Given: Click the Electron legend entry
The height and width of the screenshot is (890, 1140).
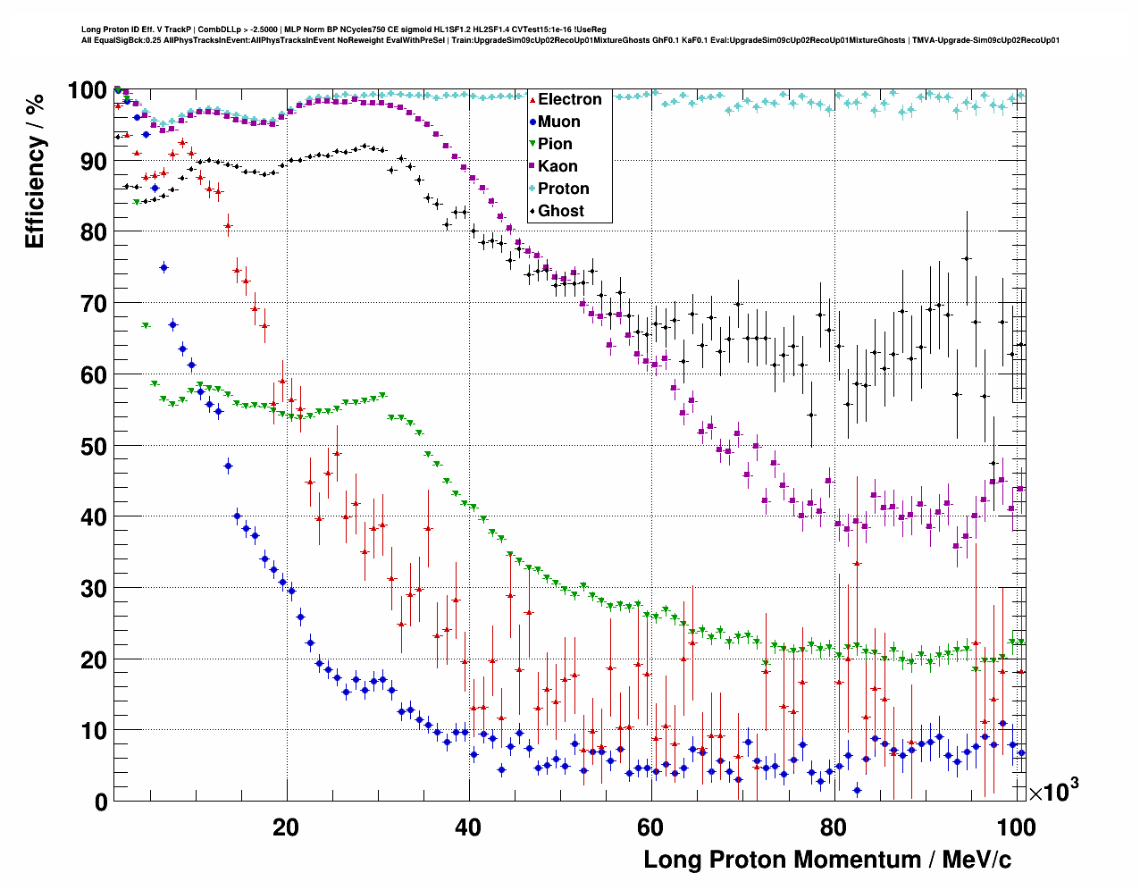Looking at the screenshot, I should click(x=569, y=99).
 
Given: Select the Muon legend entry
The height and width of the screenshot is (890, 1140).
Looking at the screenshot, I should click(x=558, y=122).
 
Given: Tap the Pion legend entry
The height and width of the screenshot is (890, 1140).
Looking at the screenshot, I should click(x=555, y=144).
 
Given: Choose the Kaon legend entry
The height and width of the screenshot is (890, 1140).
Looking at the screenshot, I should click(x=557, y=166).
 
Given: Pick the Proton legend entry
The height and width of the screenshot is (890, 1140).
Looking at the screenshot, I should click(x=563, y=189).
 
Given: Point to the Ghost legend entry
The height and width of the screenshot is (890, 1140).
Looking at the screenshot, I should click(x=560, y=211).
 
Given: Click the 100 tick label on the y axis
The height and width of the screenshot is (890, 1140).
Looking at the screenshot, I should click(x=88, y=90).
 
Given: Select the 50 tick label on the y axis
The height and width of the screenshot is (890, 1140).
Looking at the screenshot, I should click(x=94, y=446).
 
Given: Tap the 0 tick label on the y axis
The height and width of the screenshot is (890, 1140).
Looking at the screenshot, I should click(x=101, y=802).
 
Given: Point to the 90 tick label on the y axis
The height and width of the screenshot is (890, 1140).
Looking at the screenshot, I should click(x=94, y=162).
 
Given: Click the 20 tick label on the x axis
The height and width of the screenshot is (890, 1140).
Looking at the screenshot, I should click(x=286, y=827).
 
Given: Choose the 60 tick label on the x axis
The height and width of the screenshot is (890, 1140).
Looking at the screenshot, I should click(x=650, y=827).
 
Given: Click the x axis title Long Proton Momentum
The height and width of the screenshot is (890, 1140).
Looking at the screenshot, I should click(x=827, y=860).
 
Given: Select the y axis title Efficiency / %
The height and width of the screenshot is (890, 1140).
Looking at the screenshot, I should click(x=35, y=171).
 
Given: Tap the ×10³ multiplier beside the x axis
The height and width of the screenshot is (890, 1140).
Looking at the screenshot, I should click(x=1053, y=790).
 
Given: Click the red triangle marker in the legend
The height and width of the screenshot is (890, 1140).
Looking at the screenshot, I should click(x=532, y=99).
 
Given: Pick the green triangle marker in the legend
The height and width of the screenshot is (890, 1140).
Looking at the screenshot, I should click(x=532, y=144).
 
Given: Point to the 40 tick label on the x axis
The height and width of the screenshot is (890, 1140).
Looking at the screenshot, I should click(x=467, y=827).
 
